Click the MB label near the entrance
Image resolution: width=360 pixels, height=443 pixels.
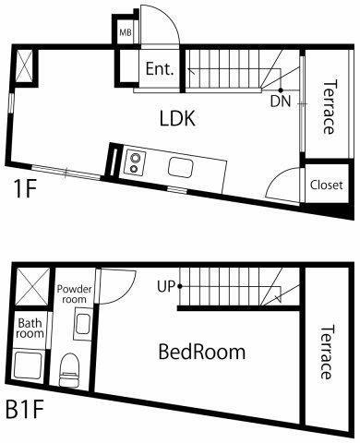click(x=126, y=32)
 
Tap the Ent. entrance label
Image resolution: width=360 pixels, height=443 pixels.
click(x=160, y=69)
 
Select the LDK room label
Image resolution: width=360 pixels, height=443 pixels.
click(x=177, y=118)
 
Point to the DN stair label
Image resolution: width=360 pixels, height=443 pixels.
click(x=281, y=102)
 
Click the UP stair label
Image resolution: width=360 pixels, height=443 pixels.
click(x=166, y=287)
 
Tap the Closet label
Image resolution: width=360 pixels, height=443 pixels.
click(x=326, y=185)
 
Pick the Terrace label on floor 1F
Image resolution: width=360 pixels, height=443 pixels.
click(x=329, y=107)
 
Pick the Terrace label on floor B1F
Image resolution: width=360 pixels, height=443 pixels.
click(x=326, y=353)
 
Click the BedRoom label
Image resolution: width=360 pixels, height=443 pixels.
click(x=202, y=353)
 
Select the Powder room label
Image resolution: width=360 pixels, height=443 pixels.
click(x=75, y=294)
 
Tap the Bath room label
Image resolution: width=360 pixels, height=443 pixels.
click(x=30, y=329)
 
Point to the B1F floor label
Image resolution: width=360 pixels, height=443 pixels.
click(x=25, y=410)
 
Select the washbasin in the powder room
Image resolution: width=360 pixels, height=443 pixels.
click(x=82, y=325)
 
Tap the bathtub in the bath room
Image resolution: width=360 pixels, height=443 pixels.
click(x=28, y=365)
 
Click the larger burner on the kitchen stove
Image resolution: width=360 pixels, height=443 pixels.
click(x=135, y=158)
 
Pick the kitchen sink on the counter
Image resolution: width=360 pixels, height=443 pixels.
click(x=181, y=167)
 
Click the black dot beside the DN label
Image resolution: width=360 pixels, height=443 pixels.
click(x=281, y=90)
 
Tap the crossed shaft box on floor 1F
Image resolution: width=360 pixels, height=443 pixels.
click(x=24, y=66)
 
